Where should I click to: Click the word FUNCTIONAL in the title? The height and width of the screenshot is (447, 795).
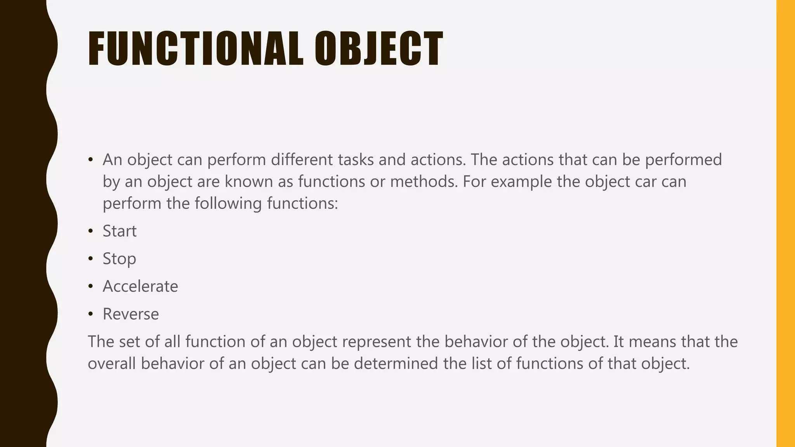[x=195, y=49]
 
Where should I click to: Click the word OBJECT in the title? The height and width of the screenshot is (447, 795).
[x=378, y=49]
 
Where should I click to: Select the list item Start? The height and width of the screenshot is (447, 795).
[x=120, y=231]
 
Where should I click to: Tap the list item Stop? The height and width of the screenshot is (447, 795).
[x=119, y=259]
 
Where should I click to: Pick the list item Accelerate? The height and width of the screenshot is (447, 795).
[x=140, y=286]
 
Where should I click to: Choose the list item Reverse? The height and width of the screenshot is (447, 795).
[x=130, y=314]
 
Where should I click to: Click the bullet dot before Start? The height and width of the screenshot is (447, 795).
[x=90, y=232]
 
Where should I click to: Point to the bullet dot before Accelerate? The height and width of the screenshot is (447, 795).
[x=90, y=287]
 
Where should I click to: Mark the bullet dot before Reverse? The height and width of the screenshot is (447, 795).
[x=90, y=314]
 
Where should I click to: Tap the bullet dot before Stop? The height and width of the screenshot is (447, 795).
[x=90, y=259]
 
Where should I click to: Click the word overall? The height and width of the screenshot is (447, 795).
[x=111, y=364]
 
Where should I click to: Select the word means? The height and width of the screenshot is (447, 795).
[x=652, y=341]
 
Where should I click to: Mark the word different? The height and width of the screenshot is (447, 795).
[x=302, y=159]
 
